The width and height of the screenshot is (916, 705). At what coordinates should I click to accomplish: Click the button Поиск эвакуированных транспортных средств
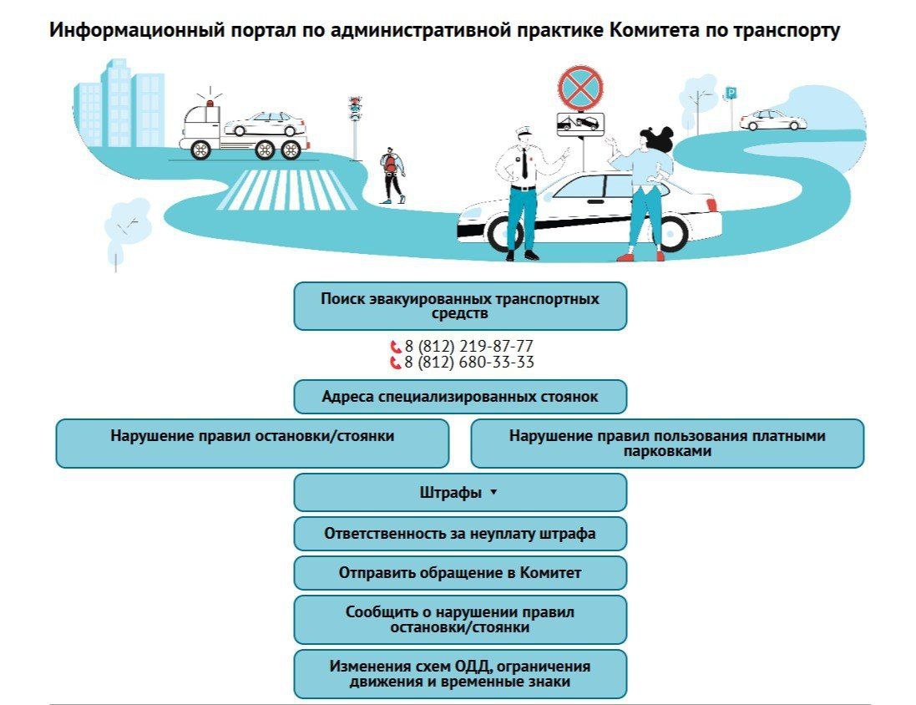point(460,306)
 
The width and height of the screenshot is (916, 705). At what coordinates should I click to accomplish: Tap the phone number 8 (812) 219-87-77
point(462,346)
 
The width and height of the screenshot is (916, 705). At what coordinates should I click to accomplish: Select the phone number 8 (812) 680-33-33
point(462,363)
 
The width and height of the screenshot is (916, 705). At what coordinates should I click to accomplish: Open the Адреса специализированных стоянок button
point(460,397)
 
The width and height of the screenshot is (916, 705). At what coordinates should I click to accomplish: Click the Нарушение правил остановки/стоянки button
point(252,443)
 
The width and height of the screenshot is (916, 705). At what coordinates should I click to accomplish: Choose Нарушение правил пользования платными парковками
point(667,443)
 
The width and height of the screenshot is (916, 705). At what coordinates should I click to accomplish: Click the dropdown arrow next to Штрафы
point(493,492)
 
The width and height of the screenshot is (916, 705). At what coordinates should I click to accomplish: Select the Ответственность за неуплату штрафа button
point(460,534)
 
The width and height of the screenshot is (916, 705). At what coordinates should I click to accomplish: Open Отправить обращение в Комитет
point(460,573)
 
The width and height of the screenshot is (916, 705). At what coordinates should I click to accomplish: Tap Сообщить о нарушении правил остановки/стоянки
point(460,620)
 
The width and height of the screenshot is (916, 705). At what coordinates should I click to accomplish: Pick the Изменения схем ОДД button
point(460,674)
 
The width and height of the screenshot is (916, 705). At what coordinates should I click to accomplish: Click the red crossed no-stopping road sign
point(580,88)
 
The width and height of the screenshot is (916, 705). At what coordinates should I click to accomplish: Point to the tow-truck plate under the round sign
point(580,124)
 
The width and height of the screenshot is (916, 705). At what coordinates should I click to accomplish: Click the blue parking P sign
point(731,93)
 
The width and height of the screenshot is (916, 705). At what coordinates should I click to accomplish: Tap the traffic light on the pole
point(354,109)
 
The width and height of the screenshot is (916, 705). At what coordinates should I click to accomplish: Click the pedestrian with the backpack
point(392,175)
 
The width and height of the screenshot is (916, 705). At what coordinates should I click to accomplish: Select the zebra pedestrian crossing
point(286,190)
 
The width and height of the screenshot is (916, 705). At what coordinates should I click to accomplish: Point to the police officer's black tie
point(524,164)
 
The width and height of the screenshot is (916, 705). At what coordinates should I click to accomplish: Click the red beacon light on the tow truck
point(210,104)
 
